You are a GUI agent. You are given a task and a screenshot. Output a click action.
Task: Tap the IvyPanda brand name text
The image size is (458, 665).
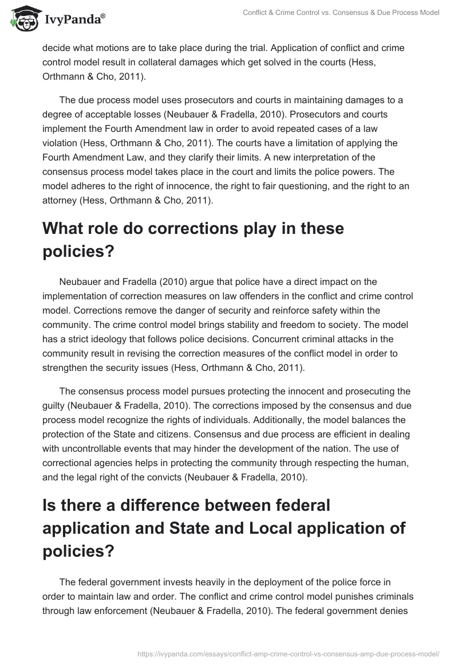coord(75,20)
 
